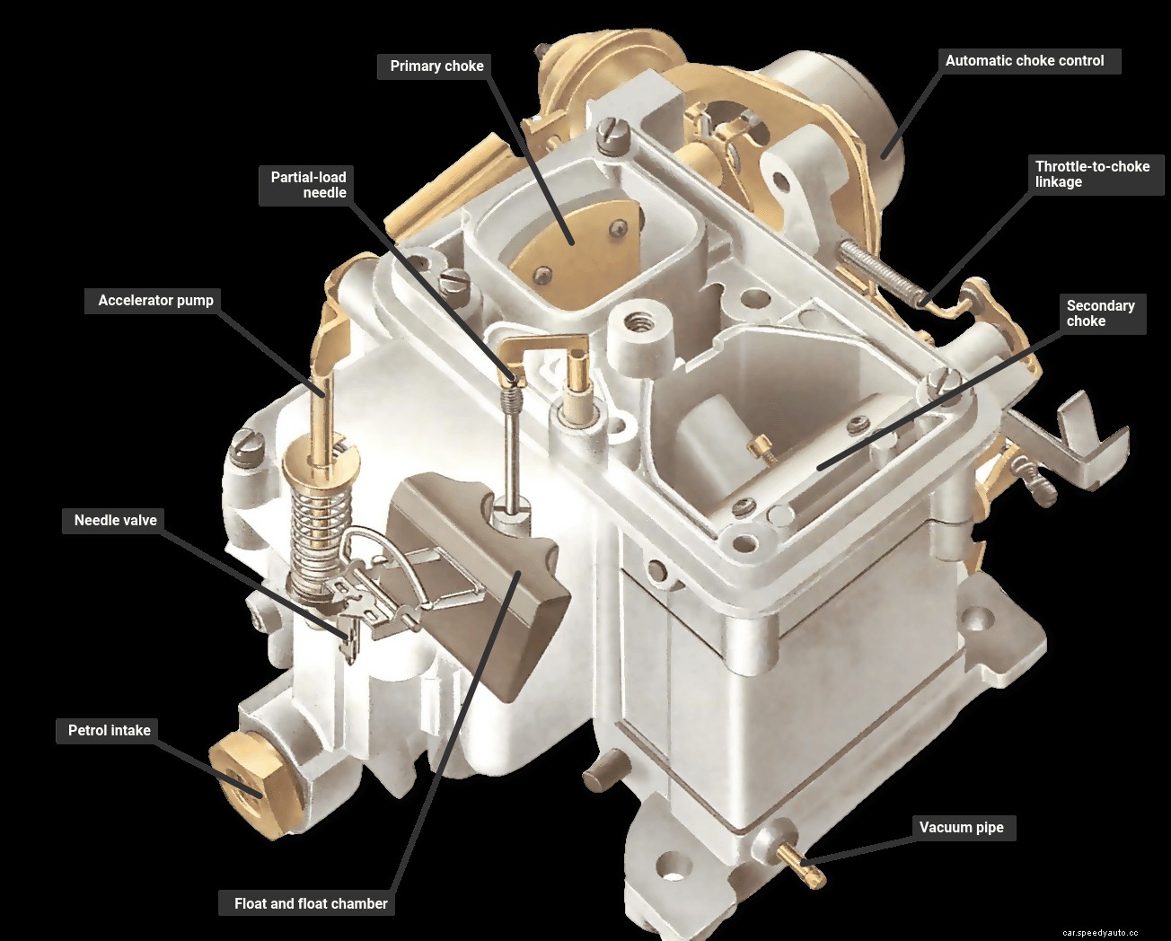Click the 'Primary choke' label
436,66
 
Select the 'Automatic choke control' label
1025,61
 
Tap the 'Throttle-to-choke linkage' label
1092,174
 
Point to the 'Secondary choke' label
1100,313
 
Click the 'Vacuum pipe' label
961,828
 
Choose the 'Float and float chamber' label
311,904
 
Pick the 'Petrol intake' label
110,731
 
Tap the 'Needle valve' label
115,521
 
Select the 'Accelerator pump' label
155,301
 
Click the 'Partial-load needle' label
308,185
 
